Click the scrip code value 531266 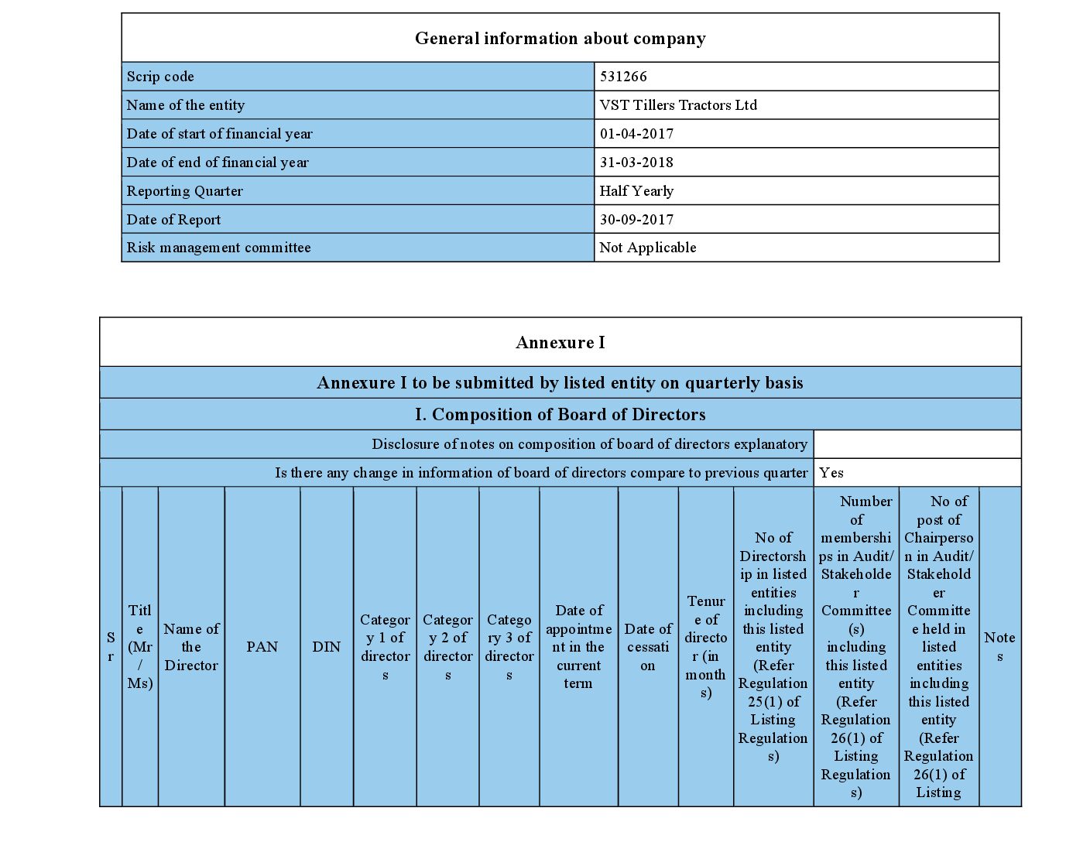point(623,77)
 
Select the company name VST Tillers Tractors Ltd point(678,105)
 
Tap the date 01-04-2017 point(636,134)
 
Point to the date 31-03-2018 point(636,163)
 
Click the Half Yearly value point(636,191)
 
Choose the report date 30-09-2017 point(636,220)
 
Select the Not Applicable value point(648,248)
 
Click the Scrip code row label point(160,77)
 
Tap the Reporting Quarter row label point(184,191)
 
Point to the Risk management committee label point(218,248)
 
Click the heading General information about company point(560,39)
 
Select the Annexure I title point(560,343)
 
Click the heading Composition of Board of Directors point(560,415)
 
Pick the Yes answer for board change point(831,473)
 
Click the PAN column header point(262,647)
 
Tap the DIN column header point(326,647)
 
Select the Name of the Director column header point(191,647)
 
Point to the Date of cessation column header point(648,647)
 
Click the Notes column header point(999,647)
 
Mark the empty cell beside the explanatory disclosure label point(917,444)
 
